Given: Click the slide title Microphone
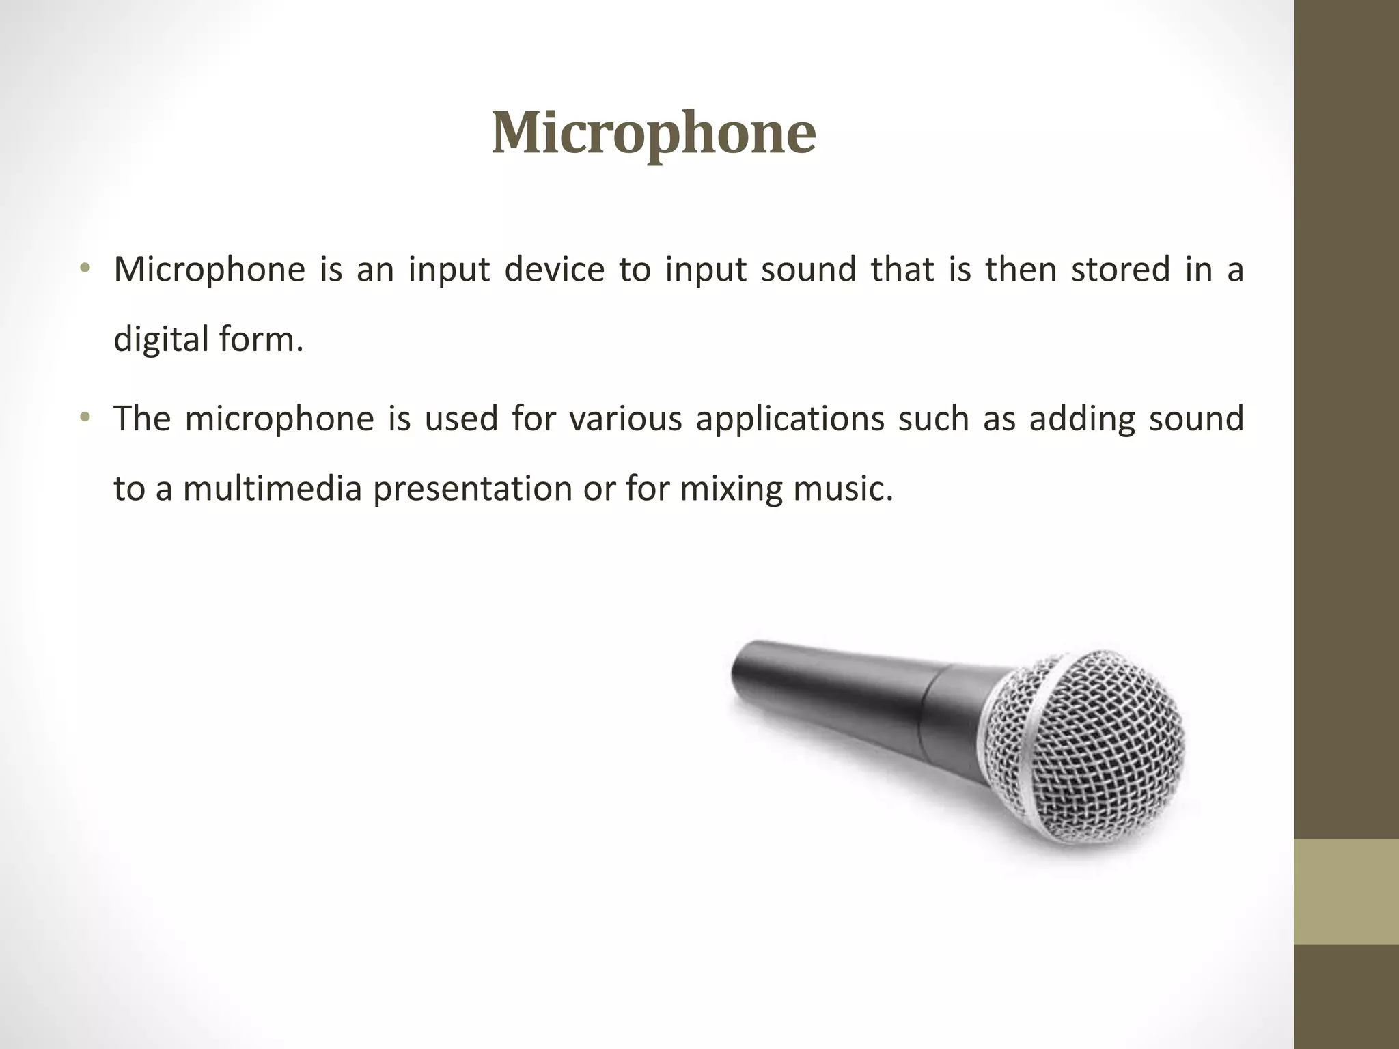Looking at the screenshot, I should (653, 133).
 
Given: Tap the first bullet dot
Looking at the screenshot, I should (85, 268).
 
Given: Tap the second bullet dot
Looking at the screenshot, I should (85, 417).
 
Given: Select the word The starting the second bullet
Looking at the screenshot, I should (142, 419).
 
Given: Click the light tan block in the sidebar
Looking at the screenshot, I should (1346, 891).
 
